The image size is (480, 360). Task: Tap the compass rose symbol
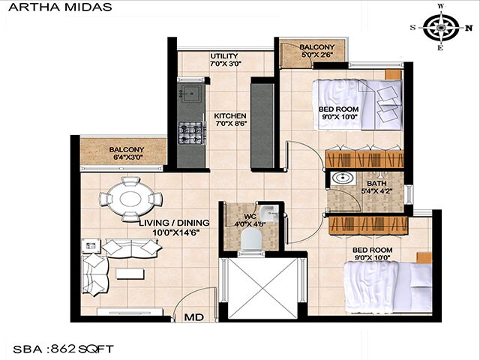click(440, 27)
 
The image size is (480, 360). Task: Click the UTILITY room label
click(223, 56)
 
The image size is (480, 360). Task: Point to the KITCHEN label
click(229, 115)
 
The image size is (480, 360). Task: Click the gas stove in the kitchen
click(190, 133)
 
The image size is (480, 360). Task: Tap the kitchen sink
click(190, 94)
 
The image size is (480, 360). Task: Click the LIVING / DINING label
click(173, 223)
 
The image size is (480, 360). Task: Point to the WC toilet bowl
click(251, 239)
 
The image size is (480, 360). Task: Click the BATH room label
click(376, 184)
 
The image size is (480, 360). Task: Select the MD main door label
click(193, 318)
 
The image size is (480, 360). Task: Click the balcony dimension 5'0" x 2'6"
click(311, 55)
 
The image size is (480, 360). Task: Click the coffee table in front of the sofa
click(129, 274)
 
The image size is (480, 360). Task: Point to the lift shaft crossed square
click(262, 286)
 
